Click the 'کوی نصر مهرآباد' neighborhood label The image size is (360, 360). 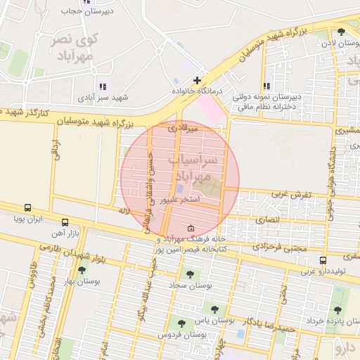(x=75, y=47)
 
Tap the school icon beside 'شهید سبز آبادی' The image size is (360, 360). (x=103, y=86)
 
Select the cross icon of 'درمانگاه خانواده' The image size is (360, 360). (x=198, y=80)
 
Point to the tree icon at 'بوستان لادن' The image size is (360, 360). (x=341, y=32)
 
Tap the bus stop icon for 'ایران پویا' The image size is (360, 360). (x=27, y=208)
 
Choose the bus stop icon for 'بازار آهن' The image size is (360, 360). (x=65, y=221)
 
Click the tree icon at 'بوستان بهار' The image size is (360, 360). (x=82, y=270)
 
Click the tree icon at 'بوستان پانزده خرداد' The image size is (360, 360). (x=337, y=310)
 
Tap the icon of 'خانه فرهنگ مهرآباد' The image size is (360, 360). (x=192, y=228)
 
